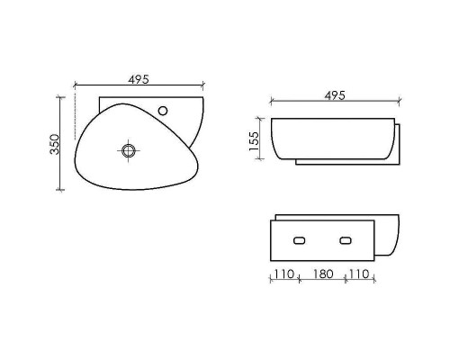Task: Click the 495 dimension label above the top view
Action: coord(138,79)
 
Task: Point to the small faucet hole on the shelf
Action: coord(163,111)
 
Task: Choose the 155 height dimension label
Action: coord(255,139)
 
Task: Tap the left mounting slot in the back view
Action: coord(301,240)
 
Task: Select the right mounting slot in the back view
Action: coord(346,240)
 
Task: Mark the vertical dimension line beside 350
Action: coord(61,144)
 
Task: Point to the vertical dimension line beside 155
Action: coord(263,139)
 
